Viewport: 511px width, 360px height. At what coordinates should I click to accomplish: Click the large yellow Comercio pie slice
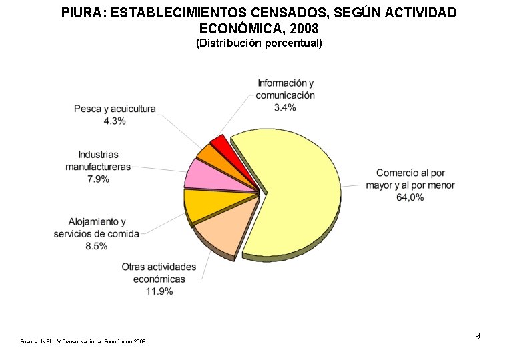point(294,193)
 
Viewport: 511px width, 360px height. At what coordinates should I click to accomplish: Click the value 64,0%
point(410,197)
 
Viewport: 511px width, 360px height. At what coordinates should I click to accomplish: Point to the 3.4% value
point(285,108)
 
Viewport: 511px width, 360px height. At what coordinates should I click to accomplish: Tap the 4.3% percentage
point(115,121)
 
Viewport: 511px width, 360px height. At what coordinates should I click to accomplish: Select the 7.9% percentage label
point(98,179)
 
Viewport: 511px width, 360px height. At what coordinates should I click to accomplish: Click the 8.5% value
point(97,246)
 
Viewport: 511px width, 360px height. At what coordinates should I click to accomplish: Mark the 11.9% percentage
point(159,291)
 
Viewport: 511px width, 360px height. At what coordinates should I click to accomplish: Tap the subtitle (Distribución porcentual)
point(259,43)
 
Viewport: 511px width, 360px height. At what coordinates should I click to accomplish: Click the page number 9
point(477,336)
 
